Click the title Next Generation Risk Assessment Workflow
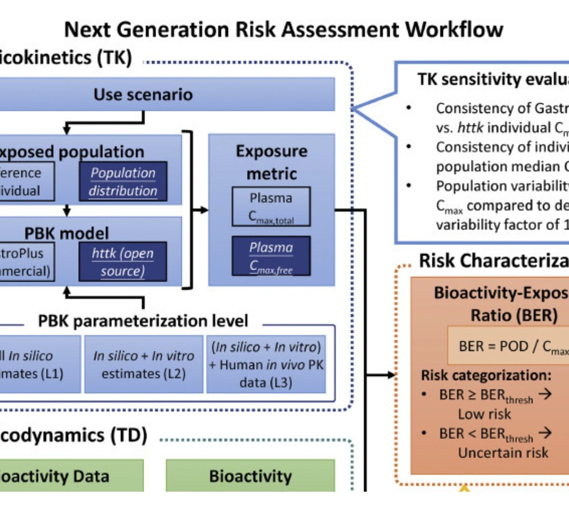(x=283, y=29)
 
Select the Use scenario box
(x=143, y=94)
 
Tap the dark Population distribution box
(x=123, y=182)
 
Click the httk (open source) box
(x=123, y=262)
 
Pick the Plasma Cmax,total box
(x=271, y=207)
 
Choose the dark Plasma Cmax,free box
(x=271, y=256)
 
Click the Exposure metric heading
(x=271, y=162)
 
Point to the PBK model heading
(x=66, y=233)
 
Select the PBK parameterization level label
(x=143, y=321)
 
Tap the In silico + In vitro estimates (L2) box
(x=144, y=364)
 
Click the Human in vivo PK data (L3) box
(x=266, y=364)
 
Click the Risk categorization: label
(x=486, y=375)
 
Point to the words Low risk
(x=484, y=414)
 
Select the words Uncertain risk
(x=503, y=453)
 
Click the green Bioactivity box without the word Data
(x=250, y=476)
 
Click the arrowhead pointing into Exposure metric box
(x=204, y=210)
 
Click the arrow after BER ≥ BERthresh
(x=545, y=394)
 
